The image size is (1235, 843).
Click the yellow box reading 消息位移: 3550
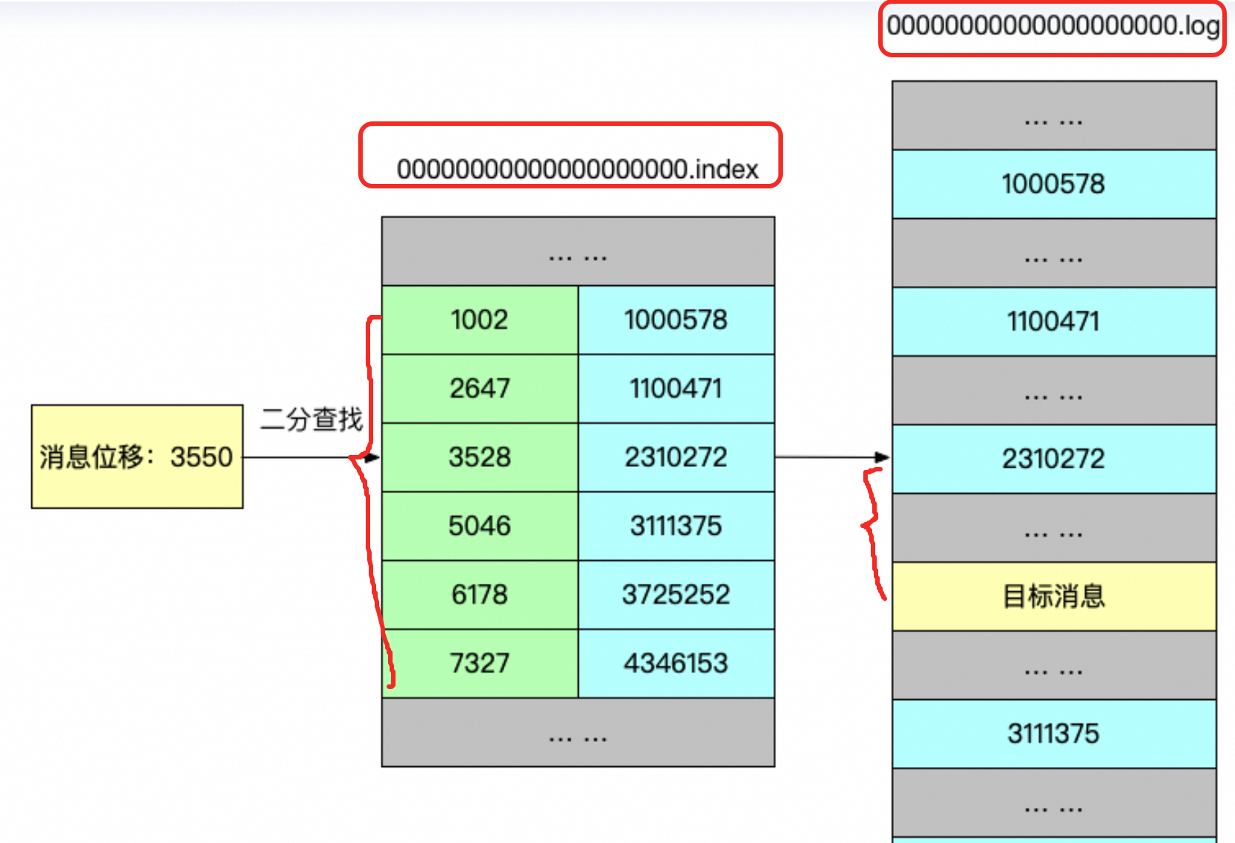137,457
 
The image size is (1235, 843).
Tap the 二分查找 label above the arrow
311,419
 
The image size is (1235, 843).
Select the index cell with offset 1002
480,320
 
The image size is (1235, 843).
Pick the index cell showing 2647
480,389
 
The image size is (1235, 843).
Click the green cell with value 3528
480,457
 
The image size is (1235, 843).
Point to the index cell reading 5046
480,526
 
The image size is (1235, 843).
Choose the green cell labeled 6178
480,595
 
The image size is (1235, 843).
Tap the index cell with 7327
480,664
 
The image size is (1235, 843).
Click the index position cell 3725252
676,595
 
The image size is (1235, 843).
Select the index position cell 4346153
676,664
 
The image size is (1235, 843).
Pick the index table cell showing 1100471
676,389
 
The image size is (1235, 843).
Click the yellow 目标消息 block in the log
1054,597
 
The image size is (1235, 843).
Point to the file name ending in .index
577,170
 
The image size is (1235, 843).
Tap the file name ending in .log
1053,26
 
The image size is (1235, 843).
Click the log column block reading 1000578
1054,184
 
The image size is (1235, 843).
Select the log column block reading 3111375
1054,734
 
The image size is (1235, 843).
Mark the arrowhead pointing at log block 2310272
883,457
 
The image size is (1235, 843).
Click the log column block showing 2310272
1054,459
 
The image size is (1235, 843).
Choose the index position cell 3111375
676,526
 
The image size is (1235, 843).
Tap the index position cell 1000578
676,320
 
